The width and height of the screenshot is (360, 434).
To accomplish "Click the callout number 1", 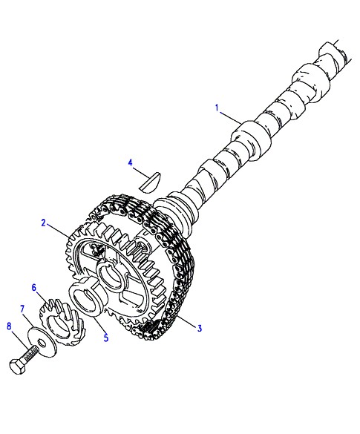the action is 217,108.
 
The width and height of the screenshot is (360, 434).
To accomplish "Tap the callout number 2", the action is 44,223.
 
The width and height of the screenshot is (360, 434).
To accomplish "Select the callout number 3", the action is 200,328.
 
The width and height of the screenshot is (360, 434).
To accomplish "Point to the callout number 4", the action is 131,162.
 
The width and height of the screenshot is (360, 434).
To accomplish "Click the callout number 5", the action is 106,338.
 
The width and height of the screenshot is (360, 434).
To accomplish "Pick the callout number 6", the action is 34,288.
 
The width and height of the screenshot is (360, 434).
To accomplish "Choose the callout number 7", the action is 22,309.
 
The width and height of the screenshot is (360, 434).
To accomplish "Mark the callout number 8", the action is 10,326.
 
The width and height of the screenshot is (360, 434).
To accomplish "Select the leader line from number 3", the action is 188,322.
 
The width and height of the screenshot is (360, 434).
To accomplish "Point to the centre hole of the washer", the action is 42,343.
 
